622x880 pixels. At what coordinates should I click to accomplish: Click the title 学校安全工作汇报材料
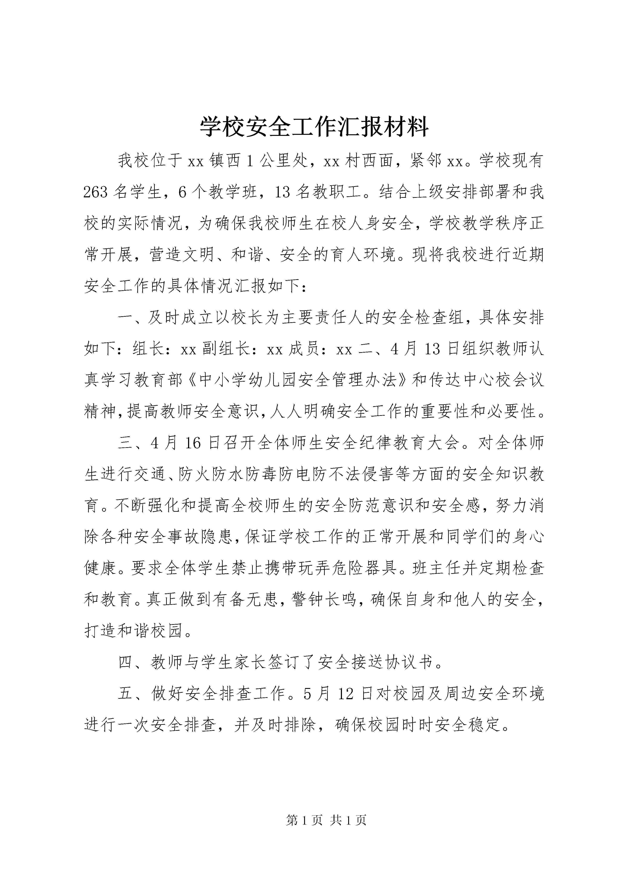(x=314, y=128)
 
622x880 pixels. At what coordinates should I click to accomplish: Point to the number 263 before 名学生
(x=97, y=192)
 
